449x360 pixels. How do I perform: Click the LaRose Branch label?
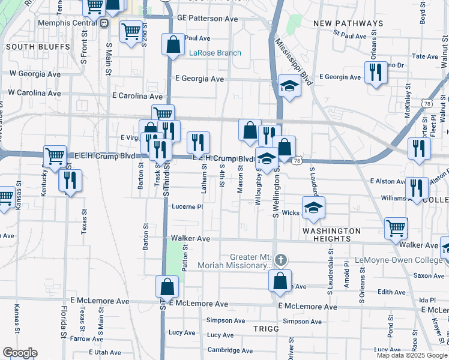click(x=215, y=53)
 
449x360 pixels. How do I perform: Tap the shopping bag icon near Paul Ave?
click(x=173, y=45)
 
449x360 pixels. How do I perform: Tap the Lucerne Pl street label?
click(x=188, y=206)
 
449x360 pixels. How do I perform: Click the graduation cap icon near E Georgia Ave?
click(x=289, y=86)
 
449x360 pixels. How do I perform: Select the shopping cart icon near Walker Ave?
click(x=396, y=227)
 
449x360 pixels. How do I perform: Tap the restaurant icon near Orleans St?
click(x=376, y=73)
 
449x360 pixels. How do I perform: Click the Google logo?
click(x=20, y=353)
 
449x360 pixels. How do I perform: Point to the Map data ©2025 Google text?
click(x=412, y=355)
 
